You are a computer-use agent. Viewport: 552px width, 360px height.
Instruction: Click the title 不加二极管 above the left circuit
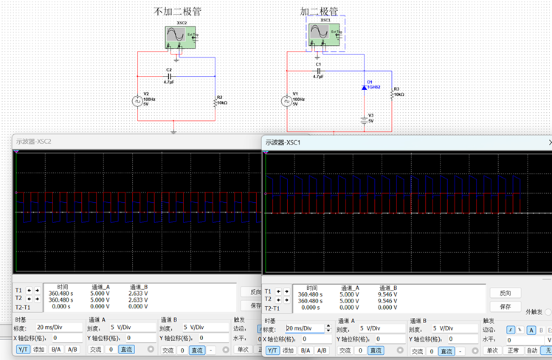pos(177,11)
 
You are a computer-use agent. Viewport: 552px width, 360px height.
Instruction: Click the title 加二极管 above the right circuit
pos(319,12)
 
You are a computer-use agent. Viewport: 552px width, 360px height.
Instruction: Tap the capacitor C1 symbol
pos(318,71)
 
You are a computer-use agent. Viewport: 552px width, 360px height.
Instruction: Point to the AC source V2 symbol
pos(137,101)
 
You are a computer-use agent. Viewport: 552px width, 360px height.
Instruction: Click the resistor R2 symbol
pos(215,100)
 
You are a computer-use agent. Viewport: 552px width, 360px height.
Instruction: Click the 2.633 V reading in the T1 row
pos(138,293)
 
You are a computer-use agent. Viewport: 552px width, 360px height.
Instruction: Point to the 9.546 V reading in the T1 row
pos(388,294)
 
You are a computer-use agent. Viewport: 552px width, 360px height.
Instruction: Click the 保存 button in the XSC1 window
pos(506,306)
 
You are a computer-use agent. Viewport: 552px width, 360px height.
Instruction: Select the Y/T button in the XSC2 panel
pos(24,349)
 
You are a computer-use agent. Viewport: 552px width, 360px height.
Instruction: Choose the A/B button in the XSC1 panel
pos(322,350)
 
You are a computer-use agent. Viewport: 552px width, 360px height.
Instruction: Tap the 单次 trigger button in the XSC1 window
pos(492,350)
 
